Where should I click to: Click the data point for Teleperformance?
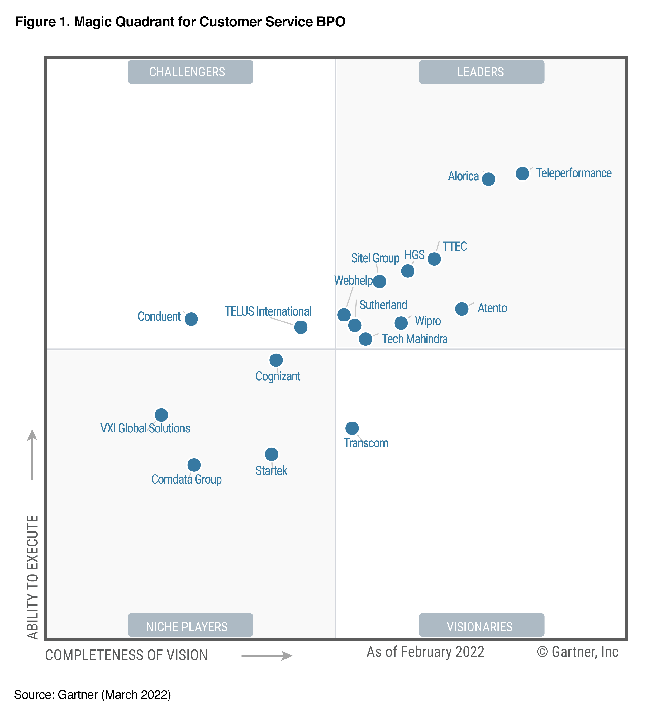(522, 173)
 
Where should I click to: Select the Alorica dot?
(488, 179)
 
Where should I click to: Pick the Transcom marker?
(352, 428)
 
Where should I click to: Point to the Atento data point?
(462, 309)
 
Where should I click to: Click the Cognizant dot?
(276, 360)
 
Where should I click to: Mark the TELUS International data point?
(301, 327)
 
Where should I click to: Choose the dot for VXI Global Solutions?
(161, 415)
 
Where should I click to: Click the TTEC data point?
(434, 258)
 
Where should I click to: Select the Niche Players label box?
(190, 626)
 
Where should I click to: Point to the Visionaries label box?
(481, 626)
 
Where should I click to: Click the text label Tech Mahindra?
(415, 339)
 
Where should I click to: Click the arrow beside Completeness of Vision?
(267, 656)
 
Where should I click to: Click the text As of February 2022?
(425, 652)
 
